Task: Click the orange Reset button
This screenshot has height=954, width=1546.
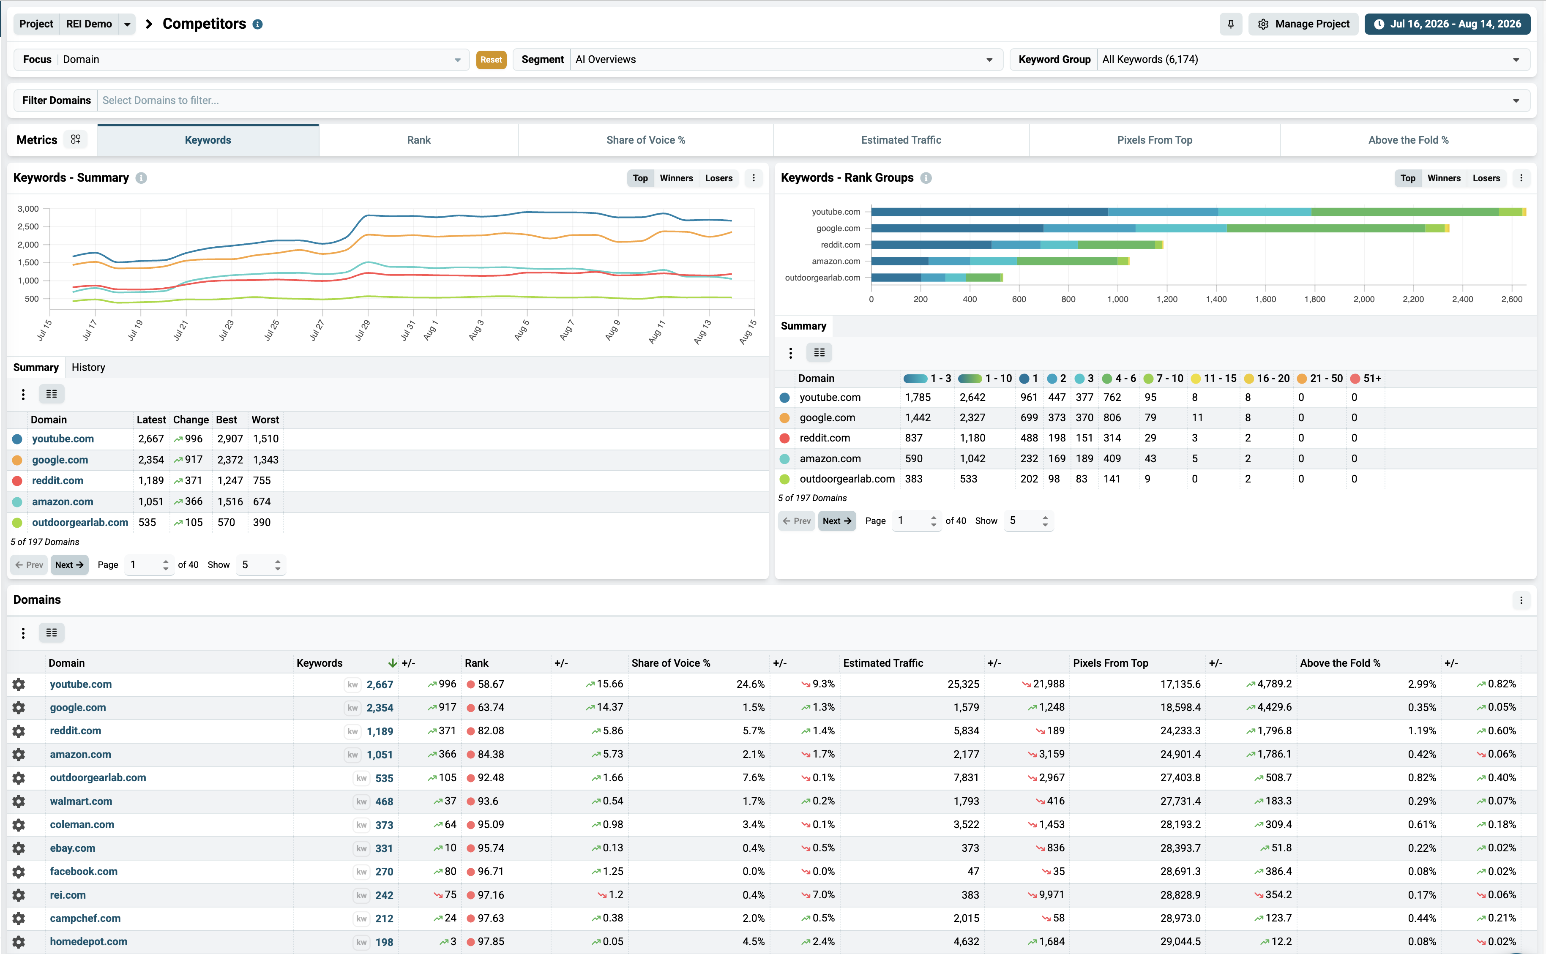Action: pyautogui.click(x=491, y=59)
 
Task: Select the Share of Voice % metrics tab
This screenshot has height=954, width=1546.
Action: pyautogui.click(x=645, y=140)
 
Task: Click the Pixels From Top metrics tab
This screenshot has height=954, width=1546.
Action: pyautogui.click(x=1154, y=140)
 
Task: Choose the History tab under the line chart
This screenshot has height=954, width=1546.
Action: pyautogui.click(x=88, y=367)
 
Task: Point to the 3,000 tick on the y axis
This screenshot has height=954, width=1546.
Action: pyautogui.click(x=28, y=209)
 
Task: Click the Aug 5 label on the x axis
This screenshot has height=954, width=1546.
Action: pyautogui.click(x=521, y=330)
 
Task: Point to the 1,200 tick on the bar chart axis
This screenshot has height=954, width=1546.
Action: pyautogui.click(x=1167, y=300)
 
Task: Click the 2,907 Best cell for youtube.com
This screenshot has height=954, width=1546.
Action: pyautogui.click(x=229, y=439)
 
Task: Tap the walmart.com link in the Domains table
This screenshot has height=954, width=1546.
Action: pyautogui.click(x=81, y=801)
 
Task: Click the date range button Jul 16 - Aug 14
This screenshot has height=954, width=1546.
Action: pyautogui.click(x=1450, y=24)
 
